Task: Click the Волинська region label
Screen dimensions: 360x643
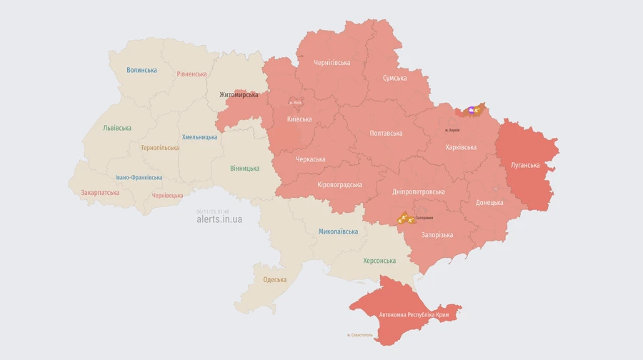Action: pos(141,70)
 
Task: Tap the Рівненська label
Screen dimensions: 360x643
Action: pos(191,74)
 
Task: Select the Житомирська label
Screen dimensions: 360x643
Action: pos(239,94)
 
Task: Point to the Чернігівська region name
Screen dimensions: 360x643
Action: pos(332,63)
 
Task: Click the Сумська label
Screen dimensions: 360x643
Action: pos(394,78)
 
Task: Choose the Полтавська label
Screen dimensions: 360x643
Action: pos(386,134)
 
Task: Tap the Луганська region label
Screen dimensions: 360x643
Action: pos(525,165)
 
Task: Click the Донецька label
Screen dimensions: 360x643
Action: pos(489,202)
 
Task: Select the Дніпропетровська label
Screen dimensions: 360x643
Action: pos(419,192)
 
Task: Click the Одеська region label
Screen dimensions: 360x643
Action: pos(274,280)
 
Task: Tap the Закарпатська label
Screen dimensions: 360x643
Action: pos(100,193)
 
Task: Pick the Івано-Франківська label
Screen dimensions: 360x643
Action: pos(139,178)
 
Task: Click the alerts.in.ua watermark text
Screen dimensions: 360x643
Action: pos(219,220)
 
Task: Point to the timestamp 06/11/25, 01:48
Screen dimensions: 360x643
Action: pos(212,211)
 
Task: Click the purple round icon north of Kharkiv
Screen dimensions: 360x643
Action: pos(472,110)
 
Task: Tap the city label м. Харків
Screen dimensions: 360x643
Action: pos(452,130)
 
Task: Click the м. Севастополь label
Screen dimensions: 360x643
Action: pos(359,335)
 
